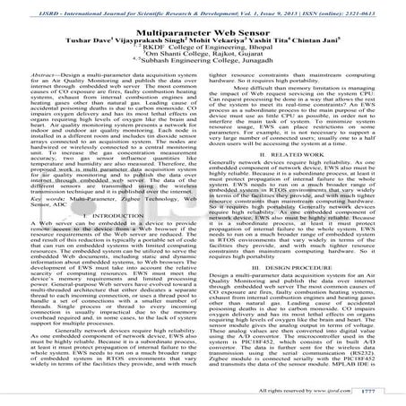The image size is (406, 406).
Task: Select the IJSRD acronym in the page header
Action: (x=21, y=7)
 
